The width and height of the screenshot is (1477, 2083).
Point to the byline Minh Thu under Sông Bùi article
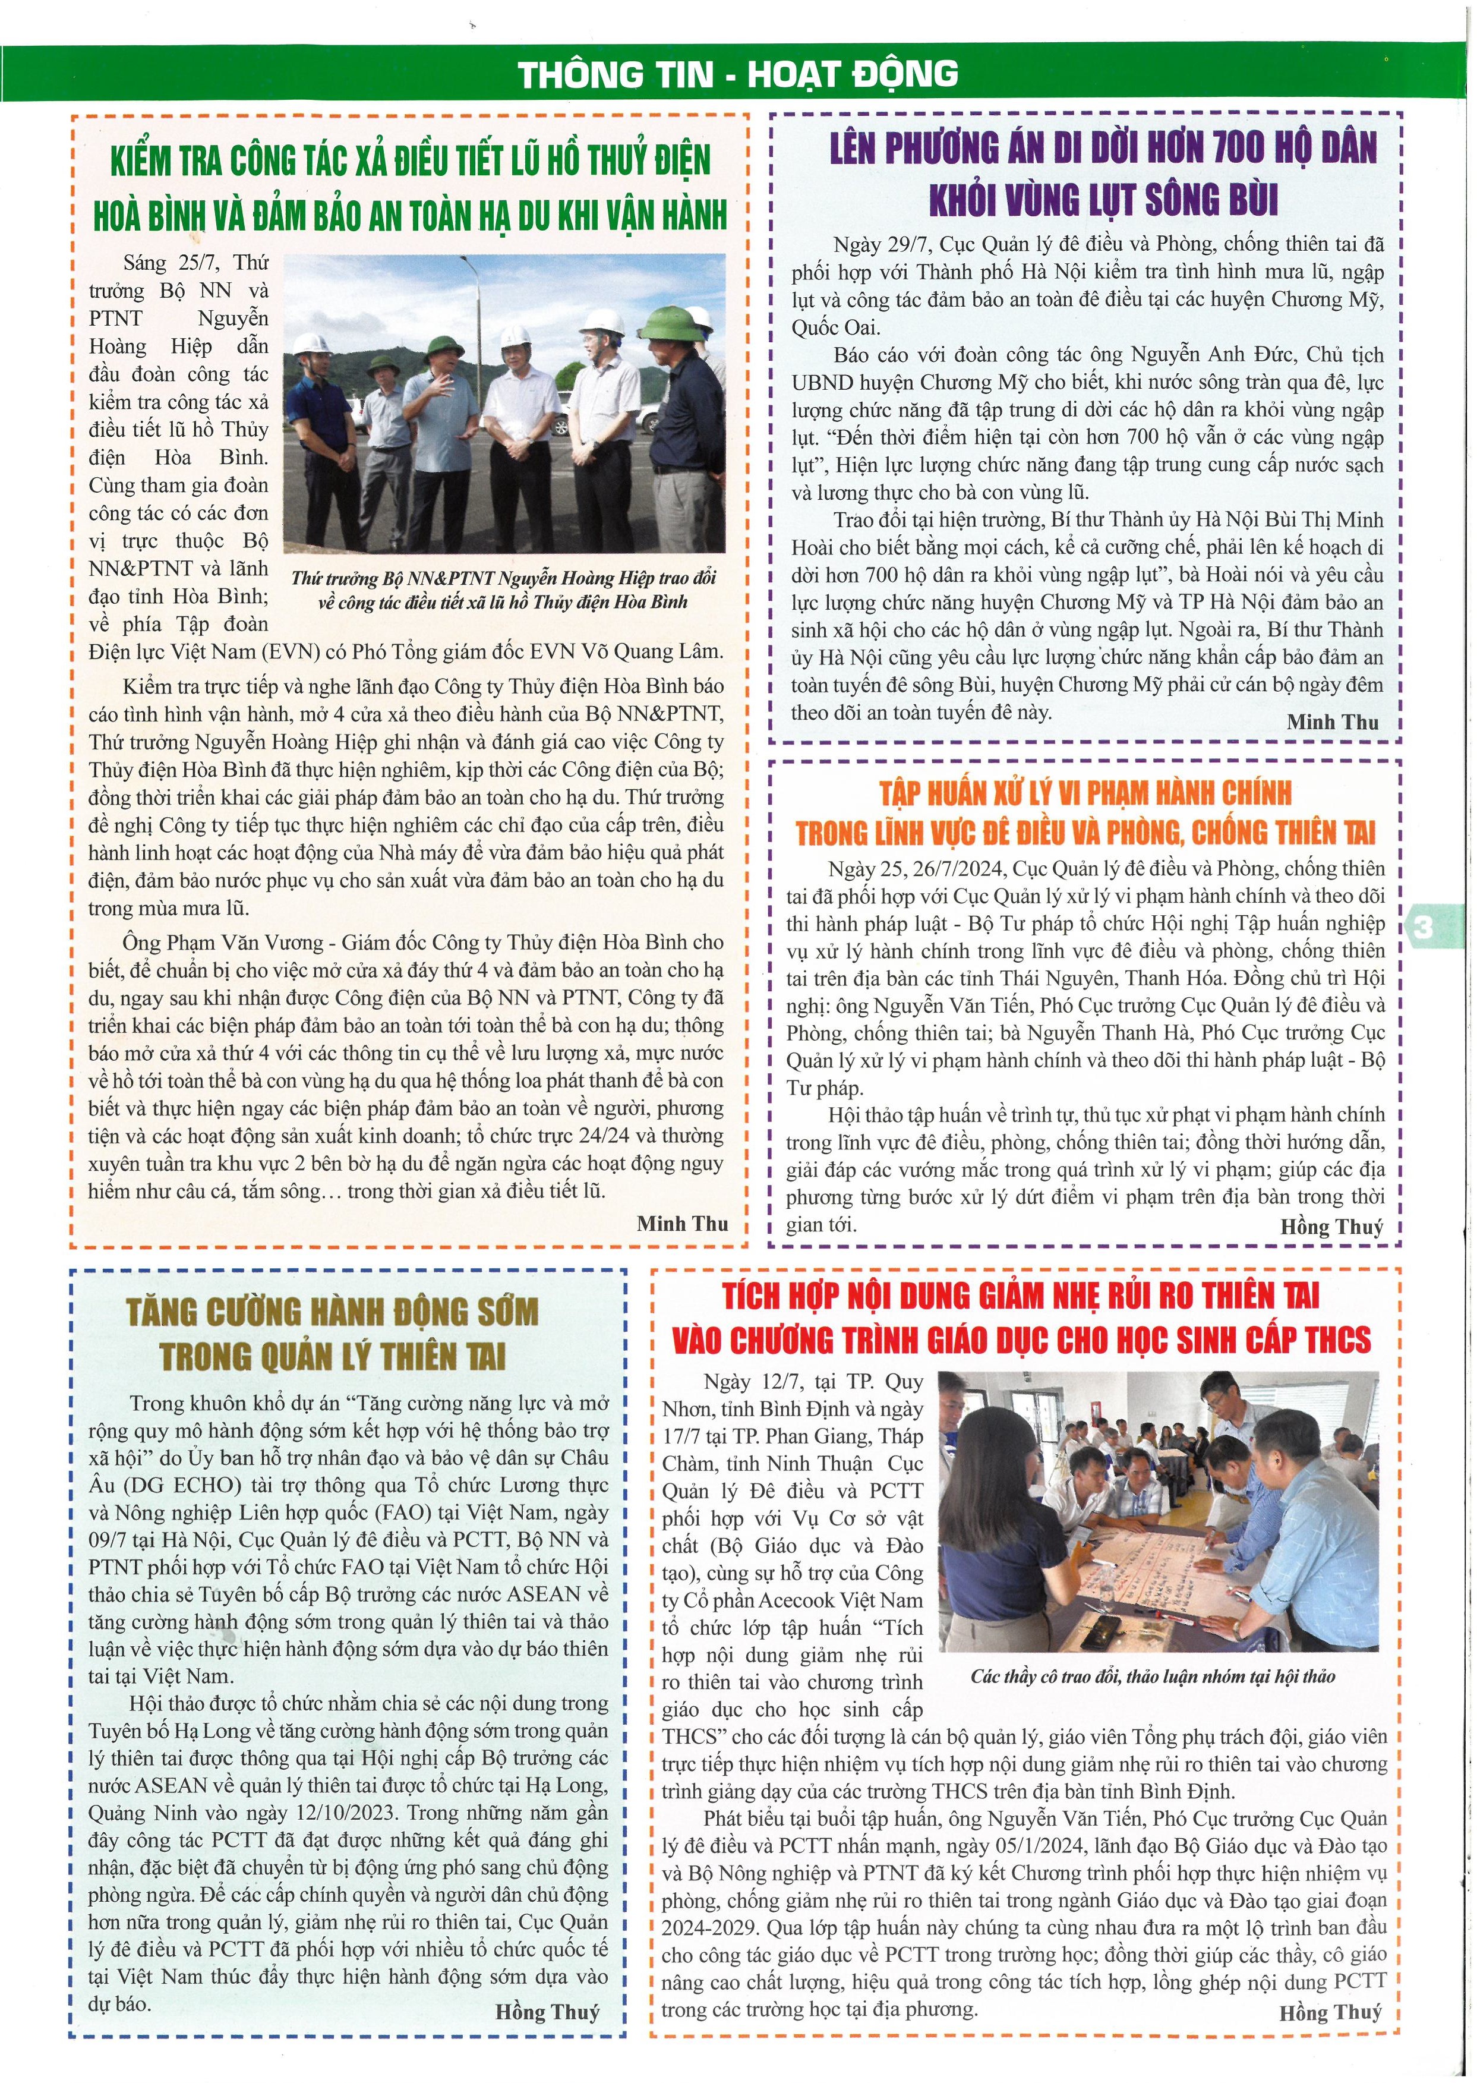(x=1333, y=721)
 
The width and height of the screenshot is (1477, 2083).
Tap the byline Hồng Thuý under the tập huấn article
(x=1331, y=1226)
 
